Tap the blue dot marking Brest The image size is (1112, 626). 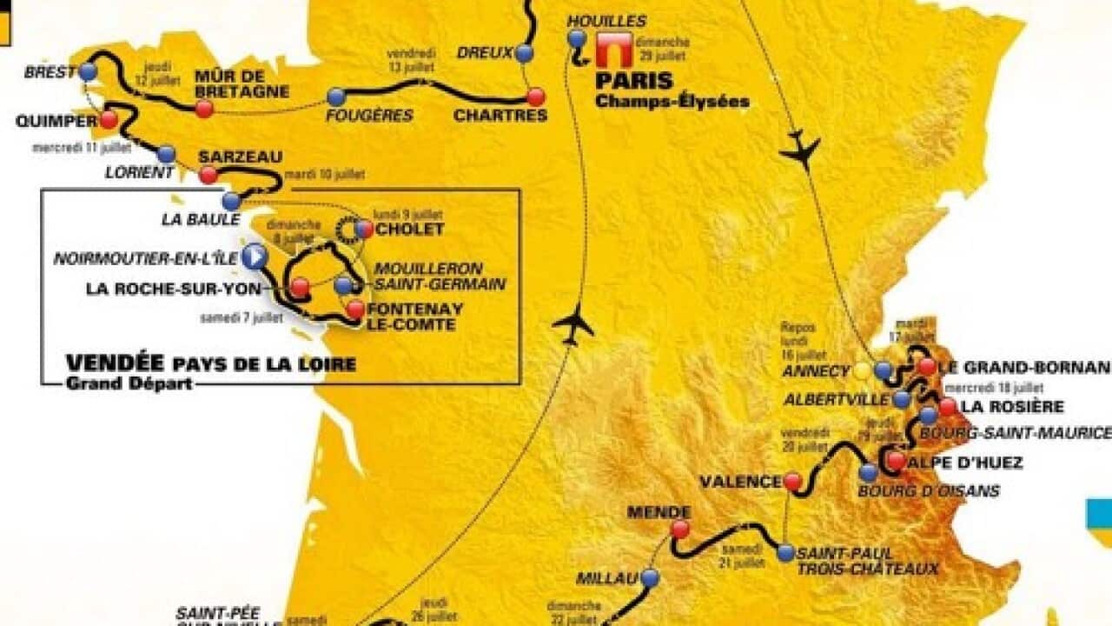point(88,72)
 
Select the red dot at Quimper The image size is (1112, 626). point(109,120)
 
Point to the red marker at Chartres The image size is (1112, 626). point(536,96)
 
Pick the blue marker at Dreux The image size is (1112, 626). point(523,53)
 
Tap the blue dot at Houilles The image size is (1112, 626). point(577,38)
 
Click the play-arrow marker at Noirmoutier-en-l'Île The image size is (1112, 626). point(254,256)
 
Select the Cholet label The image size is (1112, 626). point(411,230)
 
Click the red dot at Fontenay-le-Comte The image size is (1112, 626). point(355,309)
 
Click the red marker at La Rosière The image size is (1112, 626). point(947,406)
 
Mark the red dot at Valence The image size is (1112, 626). point(792,481)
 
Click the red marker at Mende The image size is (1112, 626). point(679,529)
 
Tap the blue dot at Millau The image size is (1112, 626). point(650,577)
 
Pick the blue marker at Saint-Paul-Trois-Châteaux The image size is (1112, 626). point(785,552)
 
